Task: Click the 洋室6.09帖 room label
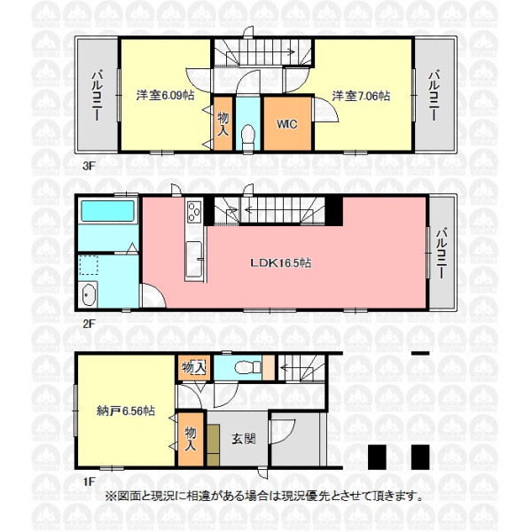[x=165, y=96]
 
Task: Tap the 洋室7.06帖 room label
[x=361, y=96]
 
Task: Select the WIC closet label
[x=287, y=124]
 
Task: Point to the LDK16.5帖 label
[x=280, y=262]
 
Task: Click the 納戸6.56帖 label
[x=126, y=411]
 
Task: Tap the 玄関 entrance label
[x=244, y=439]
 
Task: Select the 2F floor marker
[x=89, y=324]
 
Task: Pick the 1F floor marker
[x=90, y=481]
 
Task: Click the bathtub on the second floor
[x=107, y=211]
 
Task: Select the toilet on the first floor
[x=248, y=367]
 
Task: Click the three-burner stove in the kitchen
[x=194, y=211]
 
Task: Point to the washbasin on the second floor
[x=88, y=293]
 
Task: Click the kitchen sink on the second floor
[x=193, y=259]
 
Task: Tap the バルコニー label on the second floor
[x=441, y=253]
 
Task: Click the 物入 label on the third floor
[x=223, y=124]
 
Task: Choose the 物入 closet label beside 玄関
[x=191, y=439]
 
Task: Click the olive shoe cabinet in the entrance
[x=213, y=445]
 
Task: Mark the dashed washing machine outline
[x=89, y=265]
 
